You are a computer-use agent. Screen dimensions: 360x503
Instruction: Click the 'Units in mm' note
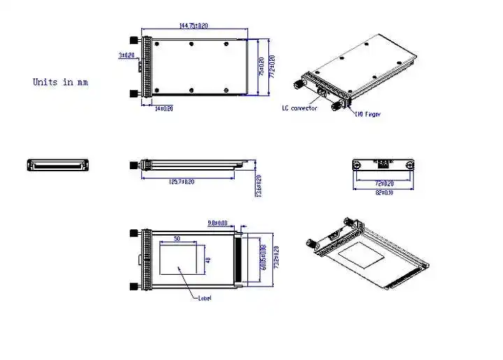tap(60, 82)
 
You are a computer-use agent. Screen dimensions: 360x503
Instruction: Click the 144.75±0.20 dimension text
tap(193, 26)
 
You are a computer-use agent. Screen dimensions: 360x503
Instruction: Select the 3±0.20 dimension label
tap(126, 54)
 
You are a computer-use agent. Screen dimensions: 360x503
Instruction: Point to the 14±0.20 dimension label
tap(163, 108)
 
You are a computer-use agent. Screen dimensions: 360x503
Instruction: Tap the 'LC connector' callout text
tap(300, 108)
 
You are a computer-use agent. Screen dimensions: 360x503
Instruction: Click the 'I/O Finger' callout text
tap(367, 114)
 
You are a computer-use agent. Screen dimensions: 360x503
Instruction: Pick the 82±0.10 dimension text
tap(384, 193)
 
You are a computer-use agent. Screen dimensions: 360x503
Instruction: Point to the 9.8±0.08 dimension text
tap(218, 224)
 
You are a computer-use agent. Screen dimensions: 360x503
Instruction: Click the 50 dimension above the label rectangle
tap(177, 239)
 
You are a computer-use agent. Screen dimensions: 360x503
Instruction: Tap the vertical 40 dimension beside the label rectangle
tap(207, 260)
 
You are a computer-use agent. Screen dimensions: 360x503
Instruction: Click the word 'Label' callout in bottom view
tap(204, 298)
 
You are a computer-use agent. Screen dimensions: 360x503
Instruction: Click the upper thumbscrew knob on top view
tap(133, 41)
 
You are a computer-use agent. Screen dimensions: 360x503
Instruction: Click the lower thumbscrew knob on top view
tap(133, 93)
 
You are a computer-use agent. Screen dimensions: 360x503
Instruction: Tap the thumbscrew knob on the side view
tap(133, 166)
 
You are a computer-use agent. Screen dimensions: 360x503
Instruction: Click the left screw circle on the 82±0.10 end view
tap(357, 166)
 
